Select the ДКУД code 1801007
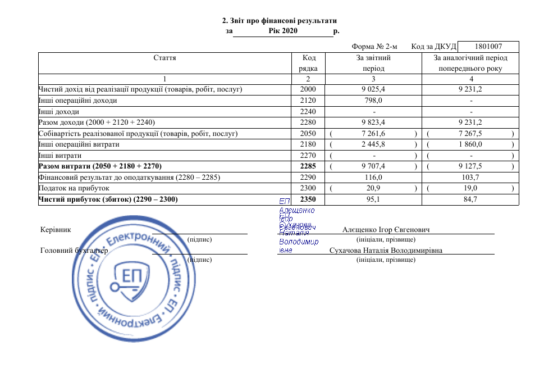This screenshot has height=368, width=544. click(x=488, y=47)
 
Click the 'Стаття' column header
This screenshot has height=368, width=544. click(x=164, y=58)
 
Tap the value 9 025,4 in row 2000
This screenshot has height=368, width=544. click(x=373, y=89)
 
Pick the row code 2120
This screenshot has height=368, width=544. click(x=308, y=101)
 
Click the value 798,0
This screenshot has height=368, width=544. click(x=373, y=101)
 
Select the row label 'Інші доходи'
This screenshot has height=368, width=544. click(x=57, y=111)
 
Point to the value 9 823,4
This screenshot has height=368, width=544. click(x=373, y=122)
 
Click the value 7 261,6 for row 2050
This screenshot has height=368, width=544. click(x=373, y=134)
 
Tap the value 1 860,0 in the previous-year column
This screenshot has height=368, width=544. click(x=470, y=144)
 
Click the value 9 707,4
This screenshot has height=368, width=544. click(x=373, y=166)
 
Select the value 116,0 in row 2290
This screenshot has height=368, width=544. click(x=373, y=177)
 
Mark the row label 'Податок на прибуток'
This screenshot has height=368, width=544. click(x=74, y=188)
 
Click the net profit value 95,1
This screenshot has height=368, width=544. click(x=373, y=199)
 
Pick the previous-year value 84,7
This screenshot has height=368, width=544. click(x=470, y=199)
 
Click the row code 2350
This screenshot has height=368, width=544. click(x=308, y=199)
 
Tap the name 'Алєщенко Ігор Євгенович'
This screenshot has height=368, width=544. click(x=386, y=230)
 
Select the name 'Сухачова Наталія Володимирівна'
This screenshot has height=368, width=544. click(x=386, y=251)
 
